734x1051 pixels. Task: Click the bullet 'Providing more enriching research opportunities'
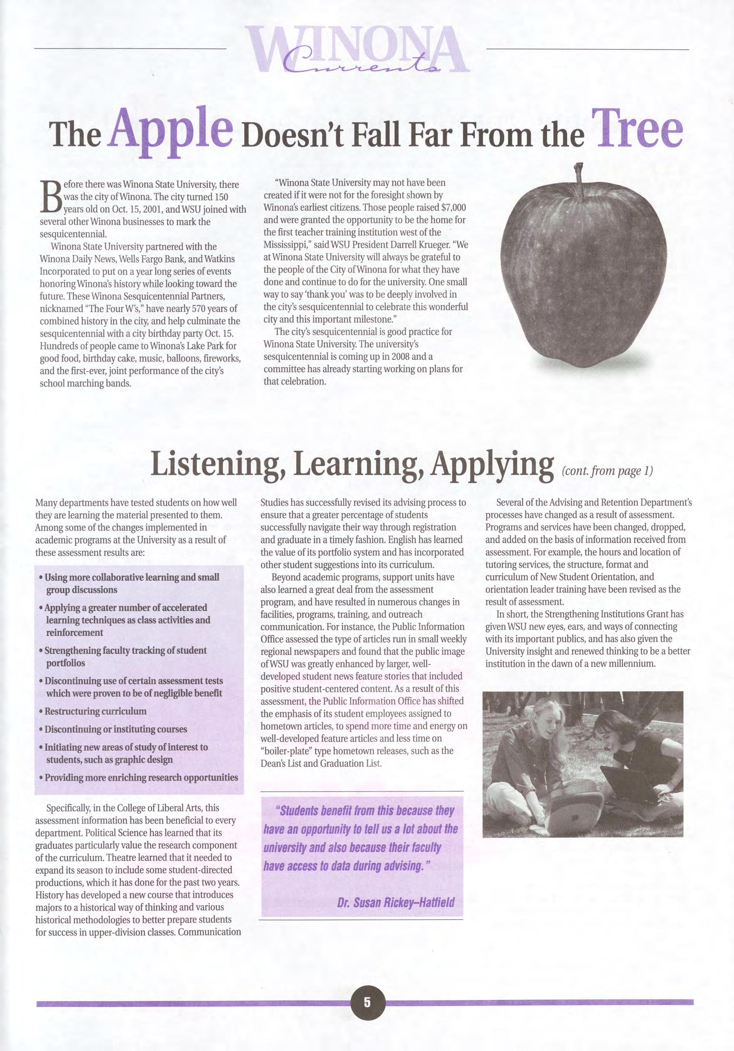pos(142,777)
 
